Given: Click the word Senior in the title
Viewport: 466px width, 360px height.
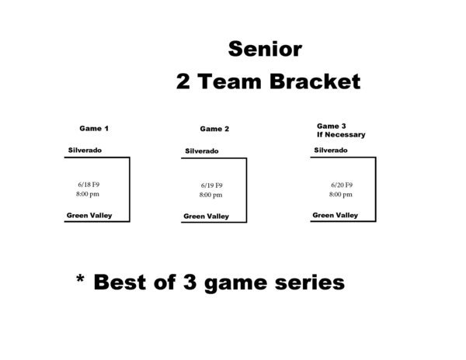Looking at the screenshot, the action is point(265,49).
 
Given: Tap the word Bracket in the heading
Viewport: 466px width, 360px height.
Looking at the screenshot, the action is point(315,81).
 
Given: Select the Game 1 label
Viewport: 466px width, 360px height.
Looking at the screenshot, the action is point(94,129).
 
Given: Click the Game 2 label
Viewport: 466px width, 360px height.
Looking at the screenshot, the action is point(214,129).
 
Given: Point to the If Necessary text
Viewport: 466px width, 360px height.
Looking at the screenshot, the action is point(341,135).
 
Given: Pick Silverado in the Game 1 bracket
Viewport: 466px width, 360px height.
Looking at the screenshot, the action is point(85,151).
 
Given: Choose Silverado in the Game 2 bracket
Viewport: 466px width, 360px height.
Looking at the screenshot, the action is point(202,151).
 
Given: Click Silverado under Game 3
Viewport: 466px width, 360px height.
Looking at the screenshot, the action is point(331,151).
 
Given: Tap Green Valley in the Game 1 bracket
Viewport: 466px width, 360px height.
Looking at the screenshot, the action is point(89,216).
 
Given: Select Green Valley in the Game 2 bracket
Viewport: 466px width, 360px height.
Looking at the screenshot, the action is point(207,216).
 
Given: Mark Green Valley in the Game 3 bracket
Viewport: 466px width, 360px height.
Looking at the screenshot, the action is point(336,215).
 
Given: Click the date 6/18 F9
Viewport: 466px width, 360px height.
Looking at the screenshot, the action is point(89,185).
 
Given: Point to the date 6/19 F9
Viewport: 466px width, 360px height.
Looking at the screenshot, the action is point(211,185).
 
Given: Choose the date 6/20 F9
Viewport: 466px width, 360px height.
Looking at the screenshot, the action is point(342,185).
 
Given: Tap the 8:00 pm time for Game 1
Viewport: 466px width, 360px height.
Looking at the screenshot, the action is point(88,194).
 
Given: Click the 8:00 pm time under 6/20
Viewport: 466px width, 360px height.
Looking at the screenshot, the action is point(341,195).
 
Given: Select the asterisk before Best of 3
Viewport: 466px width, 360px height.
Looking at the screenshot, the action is point(80,279).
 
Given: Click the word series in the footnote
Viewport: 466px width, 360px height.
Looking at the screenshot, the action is point(310,282).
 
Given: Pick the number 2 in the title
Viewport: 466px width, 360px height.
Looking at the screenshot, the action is point(183,81).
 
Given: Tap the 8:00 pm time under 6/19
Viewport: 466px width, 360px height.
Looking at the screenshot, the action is point(210,195).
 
